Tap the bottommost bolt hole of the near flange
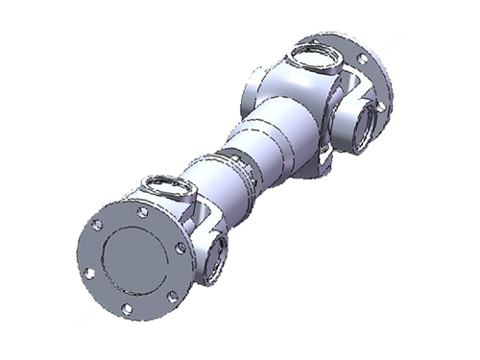129,309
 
